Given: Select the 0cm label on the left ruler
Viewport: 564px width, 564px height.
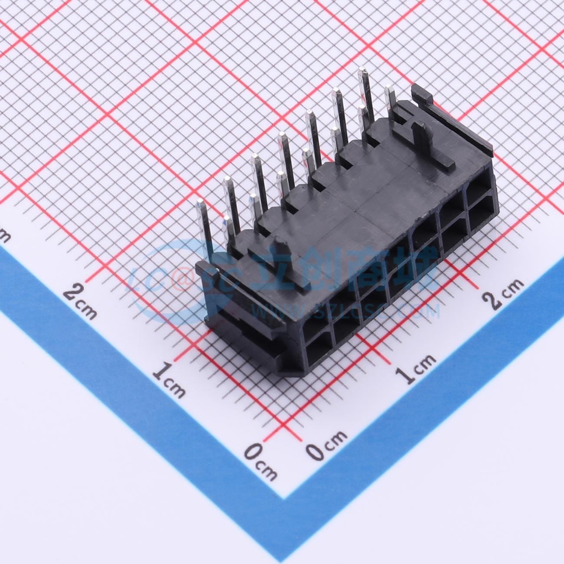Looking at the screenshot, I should click(260, 462).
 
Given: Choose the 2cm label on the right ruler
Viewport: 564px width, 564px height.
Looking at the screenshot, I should click(503, 293).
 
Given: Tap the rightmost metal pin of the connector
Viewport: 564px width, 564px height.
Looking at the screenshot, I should click(389, 98).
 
